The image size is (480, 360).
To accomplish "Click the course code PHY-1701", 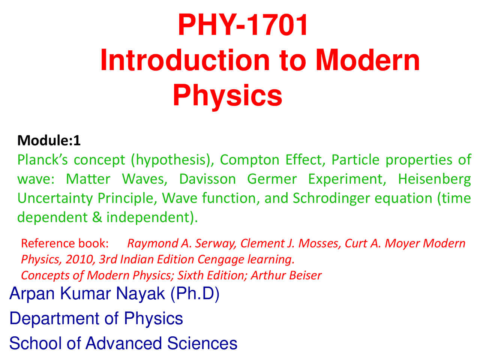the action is (243, 25).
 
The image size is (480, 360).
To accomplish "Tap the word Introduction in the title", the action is (185, 60).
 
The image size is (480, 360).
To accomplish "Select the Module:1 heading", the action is (49, 140).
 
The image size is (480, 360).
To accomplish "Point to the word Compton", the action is (249, 160).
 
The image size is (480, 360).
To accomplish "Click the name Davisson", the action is (207, 179).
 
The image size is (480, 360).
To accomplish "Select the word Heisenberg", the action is (434, 180).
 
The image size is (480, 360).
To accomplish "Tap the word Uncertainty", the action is (55, 199).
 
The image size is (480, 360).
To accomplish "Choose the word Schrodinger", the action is (331, 199).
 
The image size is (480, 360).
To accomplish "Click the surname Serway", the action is (216, 244).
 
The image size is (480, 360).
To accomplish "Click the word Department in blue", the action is (54, 319).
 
